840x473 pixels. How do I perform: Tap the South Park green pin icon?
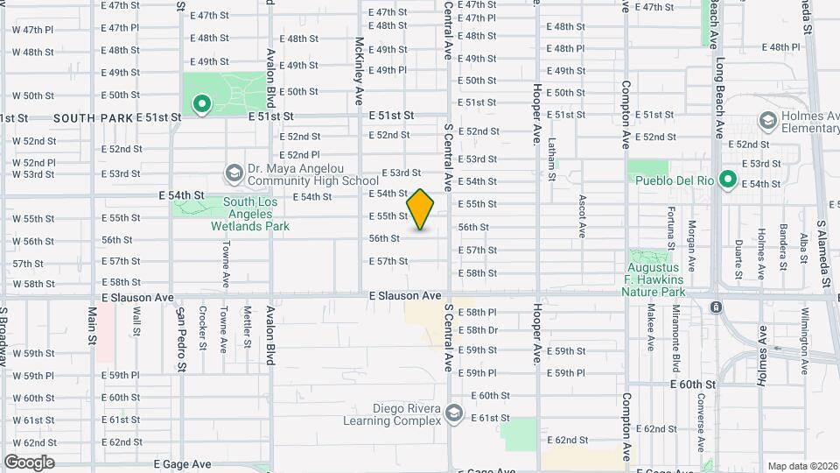click(x=202, y=105)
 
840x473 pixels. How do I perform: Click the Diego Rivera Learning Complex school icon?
click(x=453, y=412)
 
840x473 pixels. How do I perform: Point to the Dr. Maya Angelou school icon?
click(x=234, y=173)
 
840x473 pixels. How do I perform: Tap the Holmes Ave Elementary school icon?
click(x=768, y=120)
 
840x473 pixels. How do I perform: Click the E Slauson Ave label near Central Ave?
click(x=404, y=296)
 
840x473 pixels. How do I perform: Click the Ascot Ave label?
click(x=582, y=216)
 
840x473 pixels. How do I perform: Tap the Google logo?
click(x=29, y=462)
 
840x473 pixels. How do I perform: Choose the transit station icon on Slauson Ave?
click(x=716, y=307)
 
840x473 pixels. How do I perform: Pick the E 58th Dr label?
click(x=480, y=330)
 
